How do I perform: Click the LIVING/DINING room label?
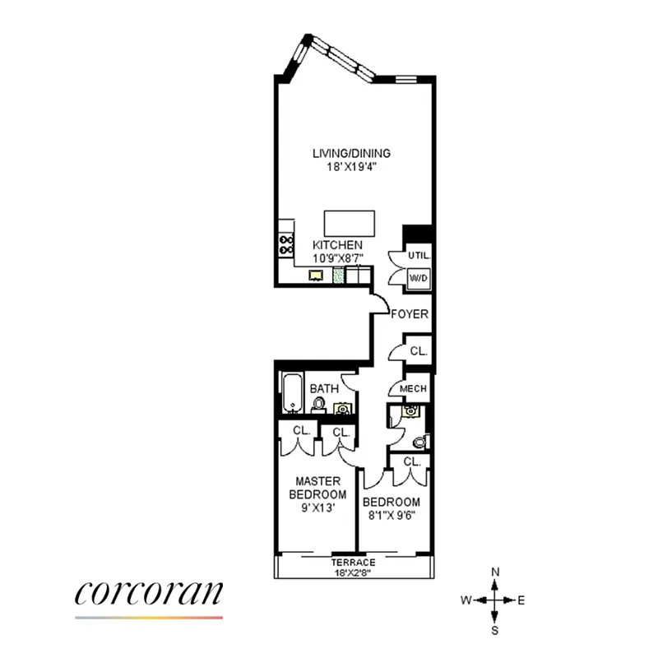click(x=350, y=153)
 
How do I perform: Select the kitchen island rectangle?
click(x=350, y=223)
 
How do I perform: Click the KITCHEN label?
click(x=336, y=245)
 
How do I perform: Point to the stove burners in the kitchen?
click(x=286, y=244)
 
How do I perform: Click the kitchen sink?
click(x=316, y=276)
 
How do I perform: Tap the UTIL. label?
click(x=419, y=256)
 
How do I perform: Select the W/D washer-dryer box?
click(x=419, y=279)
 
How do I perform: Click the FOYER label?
click(x=410, y=313)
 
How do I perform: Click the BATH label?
click(x=324, y=388)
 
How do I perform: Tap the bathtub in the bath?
click(x=293, y=395)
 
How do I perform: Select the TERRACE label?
click(x=354, y=563)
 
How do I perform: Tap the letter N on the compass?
click(x=494, y=572)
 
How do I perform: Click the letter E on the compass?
click(x=521, y=600)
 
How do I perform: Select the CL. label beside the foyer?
click(x=418, y=350)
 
